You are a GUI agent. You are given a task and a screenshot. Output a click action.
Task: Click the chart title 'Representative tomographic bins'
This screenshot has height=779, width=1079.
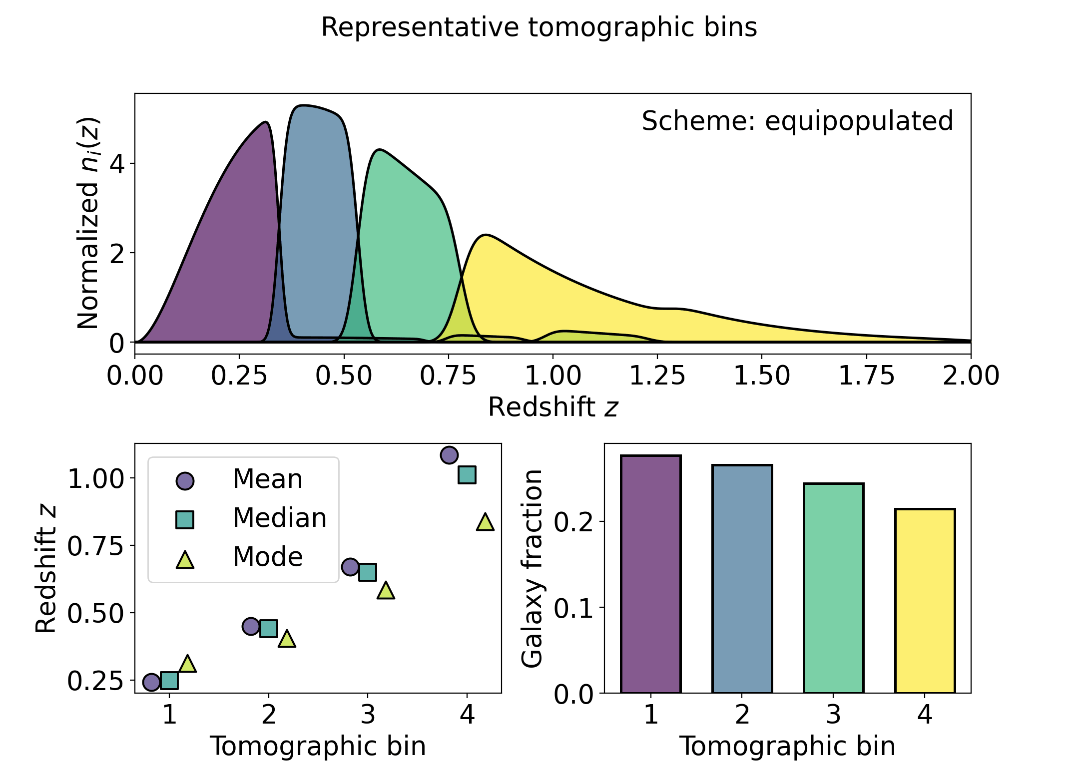tap(539, 27)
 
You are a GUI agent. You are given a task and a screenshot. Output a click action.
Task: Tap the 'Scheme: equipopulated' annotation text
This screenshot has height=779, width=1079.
tap(797, 121)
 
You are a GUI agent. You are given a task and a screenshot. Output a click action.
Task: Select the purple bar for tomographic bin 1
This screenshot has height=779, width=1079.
tap(650, 574)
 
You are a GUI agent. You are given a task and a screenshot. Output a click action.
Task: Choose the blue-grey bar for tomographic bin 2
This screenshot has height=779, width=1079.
tap(742, 579)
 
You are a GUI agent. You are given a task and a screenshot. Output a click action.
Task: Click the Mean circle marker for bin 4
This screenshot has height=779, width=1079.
tap(449, 455)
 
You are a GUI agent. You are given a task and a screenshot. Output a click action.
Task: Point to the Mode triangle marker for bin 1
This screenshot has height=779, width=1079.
tap(187, 664)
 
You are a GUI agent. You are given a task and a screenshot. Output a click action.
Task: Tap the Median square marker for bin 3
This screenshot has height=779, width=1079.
tap(368, 572)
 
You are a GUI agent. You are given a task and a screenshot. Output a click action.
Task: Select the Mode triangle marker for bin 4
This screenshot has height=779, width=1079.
tap(485, 522)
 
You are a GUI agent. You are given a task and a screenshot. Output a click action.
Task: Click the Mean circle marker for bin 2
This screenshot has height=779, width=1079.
tap(251, 626)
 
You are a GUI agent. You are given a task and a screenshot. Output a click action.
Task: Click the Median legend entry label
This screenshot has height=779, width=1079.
tap(280, 518)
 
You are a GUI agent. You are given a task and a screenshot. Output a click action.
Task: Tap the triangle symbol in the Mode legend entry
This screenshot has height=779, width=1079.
tap(185, 560)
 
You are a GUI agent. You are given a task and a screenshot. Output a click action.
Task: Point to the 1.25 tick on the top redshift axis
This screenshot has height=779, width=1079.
tap(657, 376)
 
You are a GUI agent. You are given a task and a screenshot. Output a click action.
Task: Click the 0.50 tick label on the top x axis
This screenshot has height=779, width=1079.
tap(344, 376)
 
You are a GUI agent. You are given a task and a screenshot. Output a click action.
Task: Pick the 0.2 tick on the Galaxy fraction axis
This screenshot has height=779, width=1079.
tap(574, 522)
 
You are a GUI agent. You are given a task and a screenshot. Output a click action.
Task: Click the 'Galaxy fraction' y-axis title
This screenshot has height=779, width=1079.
tap(533, 568)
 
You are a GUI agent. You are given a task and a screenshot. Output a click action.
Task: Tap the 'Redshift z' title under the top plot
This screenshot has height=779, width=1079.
tap(553, 407)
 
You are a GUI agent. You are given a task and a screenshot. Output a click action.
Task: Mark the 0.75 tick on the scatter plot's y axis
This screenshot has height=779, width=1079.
tap(95, 546)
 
